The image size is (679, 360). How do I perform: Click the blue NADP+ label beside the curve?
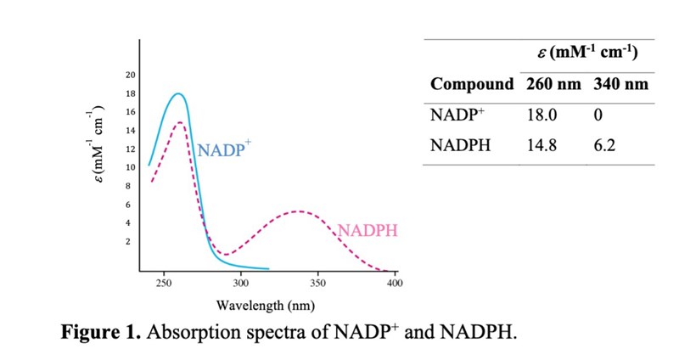point(225,150)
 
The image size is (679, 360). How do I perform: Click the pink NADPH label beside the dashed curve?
point(368,230)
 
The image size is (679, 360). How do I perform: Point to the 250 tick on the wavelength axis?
point(164,284)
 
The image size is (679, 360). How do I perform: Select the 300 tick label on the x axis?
point(240,284)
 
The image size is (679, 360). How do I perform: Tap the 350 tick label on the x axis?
point(317,284)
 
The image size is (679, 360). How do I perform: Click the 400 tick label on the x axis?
point(394,284)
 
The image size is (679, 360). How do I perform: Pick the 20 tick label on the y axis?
point(131,75)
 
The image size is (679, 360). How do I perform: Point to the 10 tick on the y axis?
point(131,167)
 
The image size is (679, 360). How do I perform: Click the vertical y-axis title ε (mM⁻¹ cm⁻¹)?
point(95,149)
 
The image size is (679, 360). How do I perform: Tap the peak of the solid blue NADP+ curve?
point(178,93)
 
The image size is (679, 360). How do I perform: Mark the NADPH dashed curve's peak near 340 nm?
point(295,211)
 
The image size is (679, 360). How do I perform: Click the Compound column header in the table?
point(472,84)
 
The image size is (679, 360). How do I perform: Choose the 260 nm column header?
point(552,84)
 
